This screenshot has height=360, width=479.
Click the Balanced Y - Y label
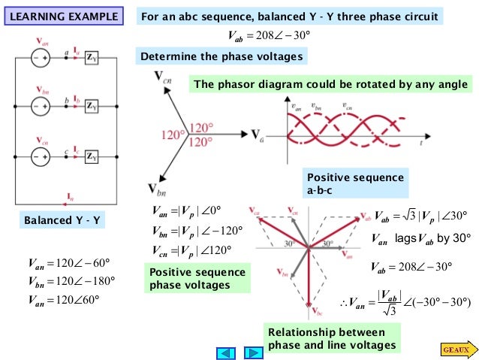tap(63, 221)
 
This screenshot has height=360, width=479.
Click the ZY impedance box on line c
tap(91, 156)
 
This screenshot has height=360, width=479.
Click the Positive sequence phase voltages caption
tap(198, 279)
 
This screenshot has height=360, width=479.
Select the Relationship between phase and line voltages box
tap(331, 339)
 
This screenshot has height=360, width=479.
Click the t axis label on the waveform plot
tap(421, 141)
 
